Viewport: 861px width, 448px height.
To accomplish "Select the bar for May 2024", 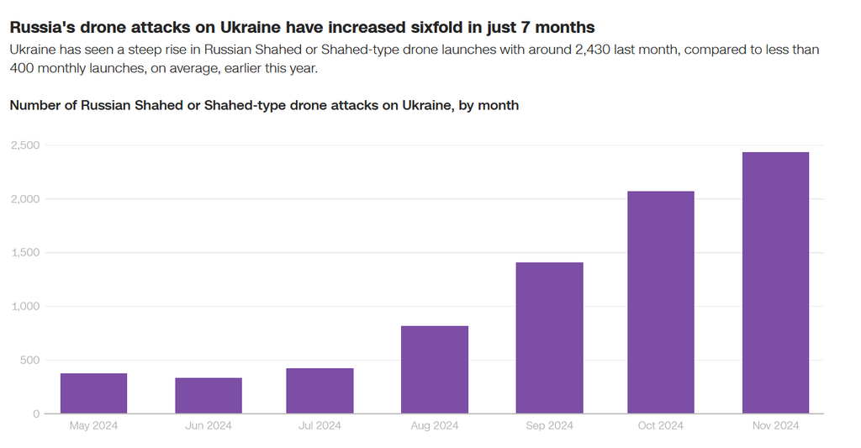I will point(93,393).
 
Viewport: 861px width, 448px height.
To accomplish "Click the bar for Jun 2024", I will point(209,396).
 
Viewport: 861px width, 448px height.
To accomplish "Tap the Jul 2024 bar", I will point(320,391).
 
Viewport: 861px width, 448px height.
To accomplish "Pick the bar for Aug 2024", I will point(435,370).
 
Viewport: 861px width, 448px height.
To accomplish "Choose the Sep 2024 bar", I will point(549,338).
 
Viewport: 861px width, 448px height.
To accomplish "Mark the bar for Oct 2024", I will point(660,303).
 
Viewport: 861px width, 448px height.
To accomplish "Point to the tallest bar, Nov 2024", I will point(775,283).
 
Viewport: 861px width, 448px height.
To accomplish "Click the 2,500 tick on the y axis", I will point(25,145).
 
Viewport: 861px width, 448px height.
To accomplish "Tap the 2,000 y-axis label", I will point(25,199).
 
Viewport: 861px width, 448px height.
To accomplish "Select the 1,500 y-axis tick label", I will point(25,253).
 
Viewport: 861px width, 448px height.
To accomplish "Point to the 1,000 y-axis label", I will point(25,307).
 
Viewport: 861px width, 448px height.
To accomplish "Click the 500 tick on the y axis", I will point(29,361).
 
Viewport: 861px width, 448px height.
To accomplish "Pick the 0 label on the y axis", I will point(36,414).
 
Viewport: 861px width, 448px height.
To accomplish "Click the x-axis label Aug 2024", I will point(435,426).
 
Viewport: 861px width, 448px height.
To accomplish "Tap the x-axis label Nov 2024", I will point(775,426).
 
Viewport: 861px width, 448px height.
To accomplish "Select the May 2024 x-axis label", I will point(93,426).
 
